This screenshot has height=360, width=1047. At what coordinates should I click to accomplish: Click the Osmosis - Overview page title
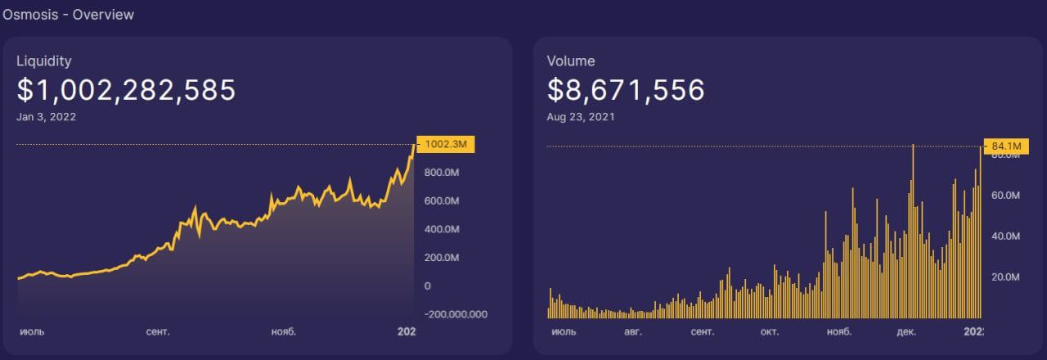pos(68,15)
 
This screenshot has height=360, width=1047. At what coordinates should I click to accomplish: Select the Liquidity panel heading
pos(44,61)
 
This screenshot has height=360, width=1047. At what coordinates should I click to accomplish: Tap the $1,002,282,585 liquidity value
pos(126,90)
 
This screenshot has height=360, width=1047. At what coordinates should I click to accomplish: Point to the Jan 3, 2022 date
pos(47,117)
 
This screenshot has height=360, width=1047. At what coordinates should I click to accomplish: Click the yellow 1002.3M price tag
pos(446,144)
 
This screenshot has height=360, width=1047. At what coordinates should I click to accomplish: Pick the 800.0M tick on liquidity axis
pos(442,173)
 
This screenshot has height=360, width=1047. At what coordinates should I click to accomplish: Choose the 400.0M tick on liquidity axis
pos(442,229)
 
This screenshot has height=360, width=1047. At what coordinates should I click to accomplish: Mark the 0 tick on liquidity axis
pos(427,286)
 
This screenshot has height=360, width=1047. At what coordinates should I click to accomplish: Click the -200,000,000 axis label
pos(456,315)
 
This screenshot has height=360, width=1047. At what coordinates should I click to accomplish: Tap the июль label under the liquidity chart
pos(32,332)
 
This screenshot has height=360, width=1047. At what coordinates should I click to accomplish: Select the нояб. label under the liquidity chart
pos(284,332)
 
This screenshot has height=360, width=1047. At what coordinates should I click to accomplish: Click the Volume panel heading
pos(571,61)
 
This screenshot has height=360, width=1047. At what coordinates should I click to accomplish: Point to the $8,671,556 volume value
pos(626,90)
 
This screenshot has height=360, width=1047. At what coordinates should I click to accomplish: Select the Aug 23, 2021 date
pos(581,117)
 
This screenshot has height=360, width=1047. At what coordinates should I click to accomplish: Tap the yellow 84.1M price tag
pos(1006,146)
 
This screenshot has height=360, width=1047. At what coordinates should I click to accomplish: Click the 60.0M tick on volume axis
pos(1005,196)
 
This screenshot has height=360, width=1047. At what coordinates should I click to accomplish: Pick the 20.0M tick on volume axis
pos(1005,277)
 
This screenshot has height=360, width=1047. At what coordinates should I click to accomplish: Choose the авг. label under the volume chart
pos(633,332)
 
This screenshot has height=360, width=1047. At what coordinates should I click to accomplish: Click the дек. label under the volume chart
pos(906,332)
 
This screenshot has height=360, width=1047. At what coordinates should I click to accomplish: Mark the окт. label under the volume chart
pos(770,332)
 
